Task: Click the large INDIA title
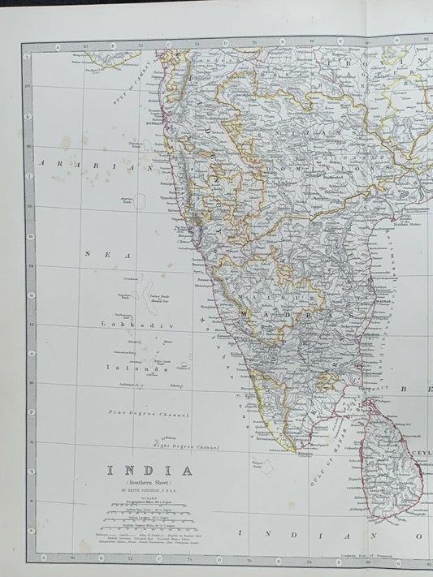pyautogui.click(x=152, y=471)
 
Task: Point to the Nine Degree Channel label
pyautogui.click(x=149, y=414)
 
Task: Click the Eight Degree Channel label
pyautogui.click(x=186, y=446)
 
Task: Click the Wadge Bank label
pyautogui.click(x=256, y=466)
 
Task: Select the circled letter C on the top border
pyautogui.click(x=168, y=46)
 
